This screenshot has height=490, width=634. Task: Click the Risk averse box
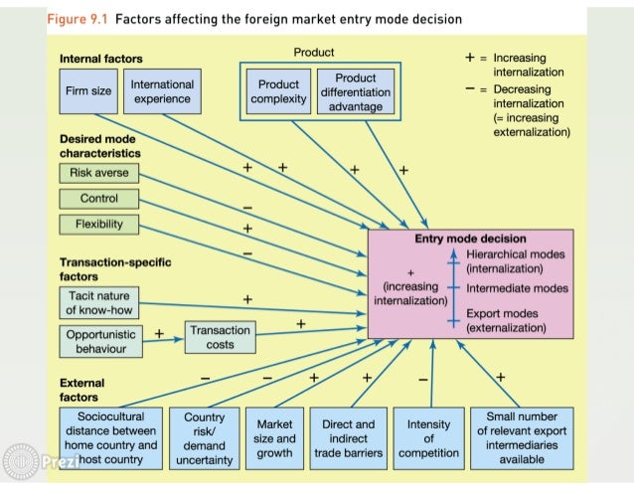(x=99, y=173)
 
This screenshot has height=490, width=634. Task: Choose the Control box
(x=99, y=199)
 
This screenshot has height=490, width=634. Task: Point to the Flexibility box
(x=99, y=225)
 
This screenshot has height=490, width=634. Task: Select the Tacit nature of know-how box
(x=98, y=303)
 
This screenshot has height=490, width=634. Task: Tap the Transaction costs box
(x=220, y=338)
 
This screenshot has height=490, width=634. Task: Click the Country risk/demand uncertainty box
(x=204, y=438)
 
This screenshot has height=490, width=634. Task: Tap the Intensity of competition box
(x=428, y=437)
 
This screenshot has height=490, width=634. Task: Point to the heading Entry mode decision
(x=470, y=240)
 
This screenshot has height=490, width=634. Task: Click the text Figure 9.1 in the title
(x=80, y=20)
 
